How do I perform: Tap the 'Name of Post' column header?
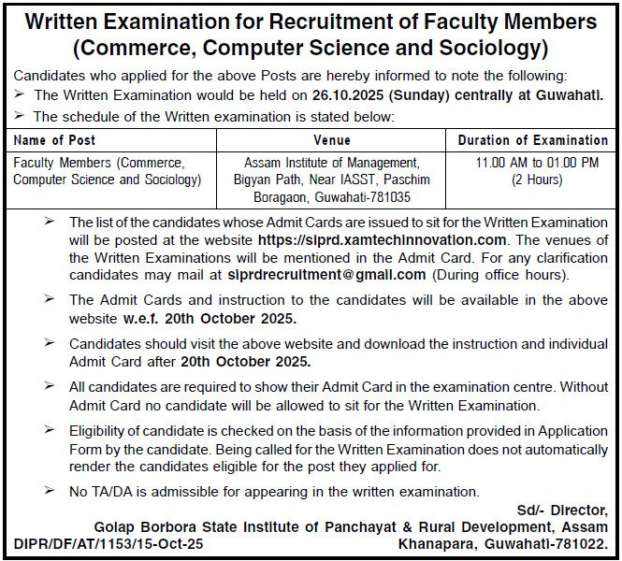tap(54, 140)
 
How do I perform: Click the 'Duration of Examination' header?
tap(532, 140)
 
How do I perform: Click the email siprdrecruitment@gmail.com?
tap(325, 275)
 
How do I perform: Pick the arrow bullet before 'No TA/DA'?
tap(50, 491)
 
